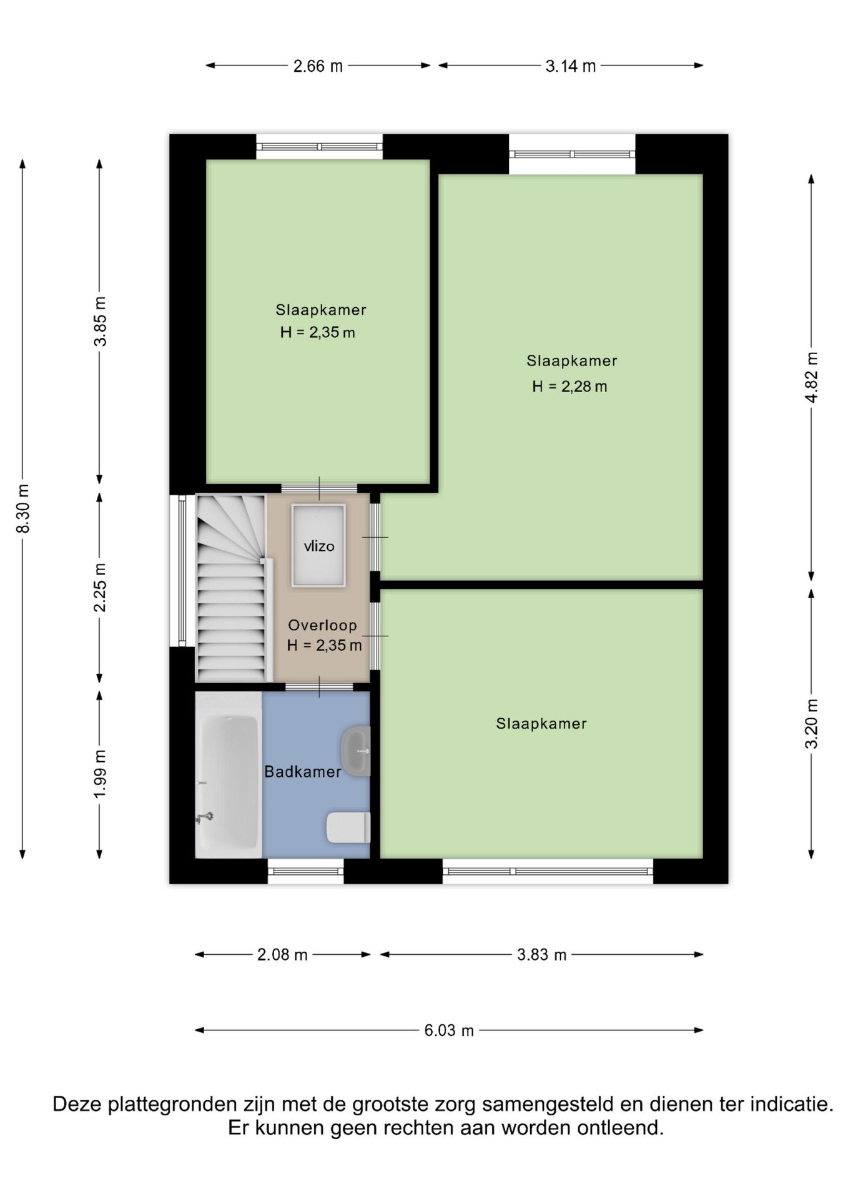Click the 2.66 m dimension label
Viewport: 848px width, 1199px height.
(x=318, y=66)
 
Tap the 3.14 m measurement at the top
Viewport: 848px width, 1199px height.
(x=570, y=66)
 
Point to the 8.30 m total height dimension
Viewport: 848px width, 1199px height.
(x=23, y=508)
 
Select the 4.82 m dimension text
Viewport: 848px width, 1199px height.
(x=812, y=377)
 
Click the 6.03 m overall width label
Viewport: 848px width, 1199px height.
(x=449, y=1030)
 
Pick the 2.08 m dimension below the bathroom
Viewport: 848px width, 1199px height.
(x=282, y=954)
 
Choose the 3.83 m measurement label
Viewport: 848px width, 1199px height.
(x=541, y=954)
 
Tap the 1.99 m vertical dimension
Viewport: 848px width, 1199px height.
(x=100, y=773)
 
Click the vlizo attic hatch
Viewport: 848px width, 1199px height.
(x=318, y=545)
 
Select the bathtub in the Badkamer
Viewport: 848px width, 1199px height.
(x=229, y=783)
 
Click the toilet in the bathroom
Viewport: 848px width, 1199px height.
(x=348, y=827)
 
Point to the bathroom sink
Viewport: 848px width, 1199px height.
(x=356, y=751)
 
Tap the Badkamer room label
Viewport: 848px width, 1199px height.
(x=303, y=772)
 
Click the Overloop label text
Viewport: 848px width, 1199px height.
(x=322, y=625)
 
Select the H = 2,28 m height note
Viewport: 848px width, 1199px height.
(x=569, y=387)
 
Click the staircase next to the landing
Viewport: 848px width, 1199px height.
(x=232, y=588)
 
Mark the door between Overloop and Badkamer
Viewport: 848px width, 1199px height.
(x=320, y=687)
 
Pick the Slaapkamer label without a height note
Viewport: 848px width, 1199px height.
(x=541, y=724)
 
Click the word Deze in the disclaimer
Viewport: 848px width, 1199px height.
(x=77, y=1104)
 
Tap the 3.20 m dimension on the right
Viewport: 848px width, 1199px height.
(x=812, y=724)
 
